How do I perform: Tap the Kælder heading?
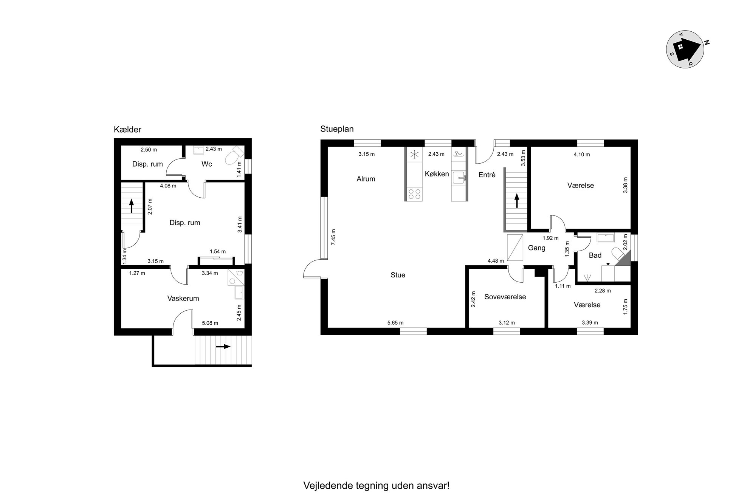pos(127,130)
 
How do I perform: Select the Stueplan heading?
pos(337,129)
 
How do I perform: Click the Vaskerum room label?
pos(183,299)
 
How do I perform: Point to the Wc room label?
pos(207,164)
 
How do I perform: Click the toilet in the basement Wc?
pos(234,156)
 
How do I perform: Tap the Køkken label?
pos(437,174)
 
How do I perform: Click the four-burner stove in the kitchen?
pos(414,194)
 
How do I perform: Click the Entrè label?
pos(487,175)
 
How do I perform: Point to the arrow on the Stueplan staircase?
pos(516,200)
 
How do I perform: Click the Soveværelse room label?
pos(505,297)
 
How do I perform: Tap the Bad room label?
pos(595,255)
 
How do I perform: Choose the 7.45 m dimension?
pos(333,237)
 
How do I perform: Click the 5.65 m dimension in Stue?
pos(395,323)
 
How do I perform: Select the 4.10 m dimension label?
pos(582,154)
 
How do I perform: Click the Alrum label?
pos(366,179)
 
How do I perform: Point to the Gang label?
pos(536,248)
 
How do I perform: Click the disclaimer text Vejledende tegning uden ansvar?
pos(376,486)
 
